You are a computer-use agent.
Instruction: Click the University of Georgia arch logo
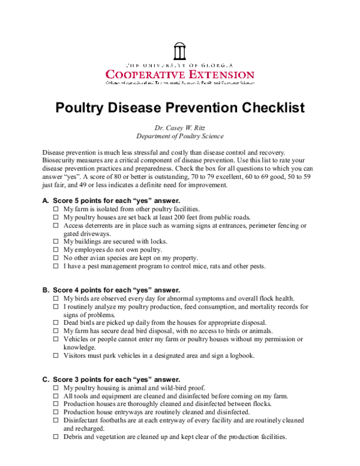(179, 50)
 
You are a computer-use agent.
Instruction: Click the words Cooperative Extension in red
(179, 74)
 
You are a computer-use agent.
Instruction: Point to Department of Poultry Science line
(179, 136)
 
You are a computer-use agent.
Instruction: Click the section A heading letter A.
(45, 200)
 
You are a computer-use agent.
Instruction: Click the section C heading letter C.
(45, 380)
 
